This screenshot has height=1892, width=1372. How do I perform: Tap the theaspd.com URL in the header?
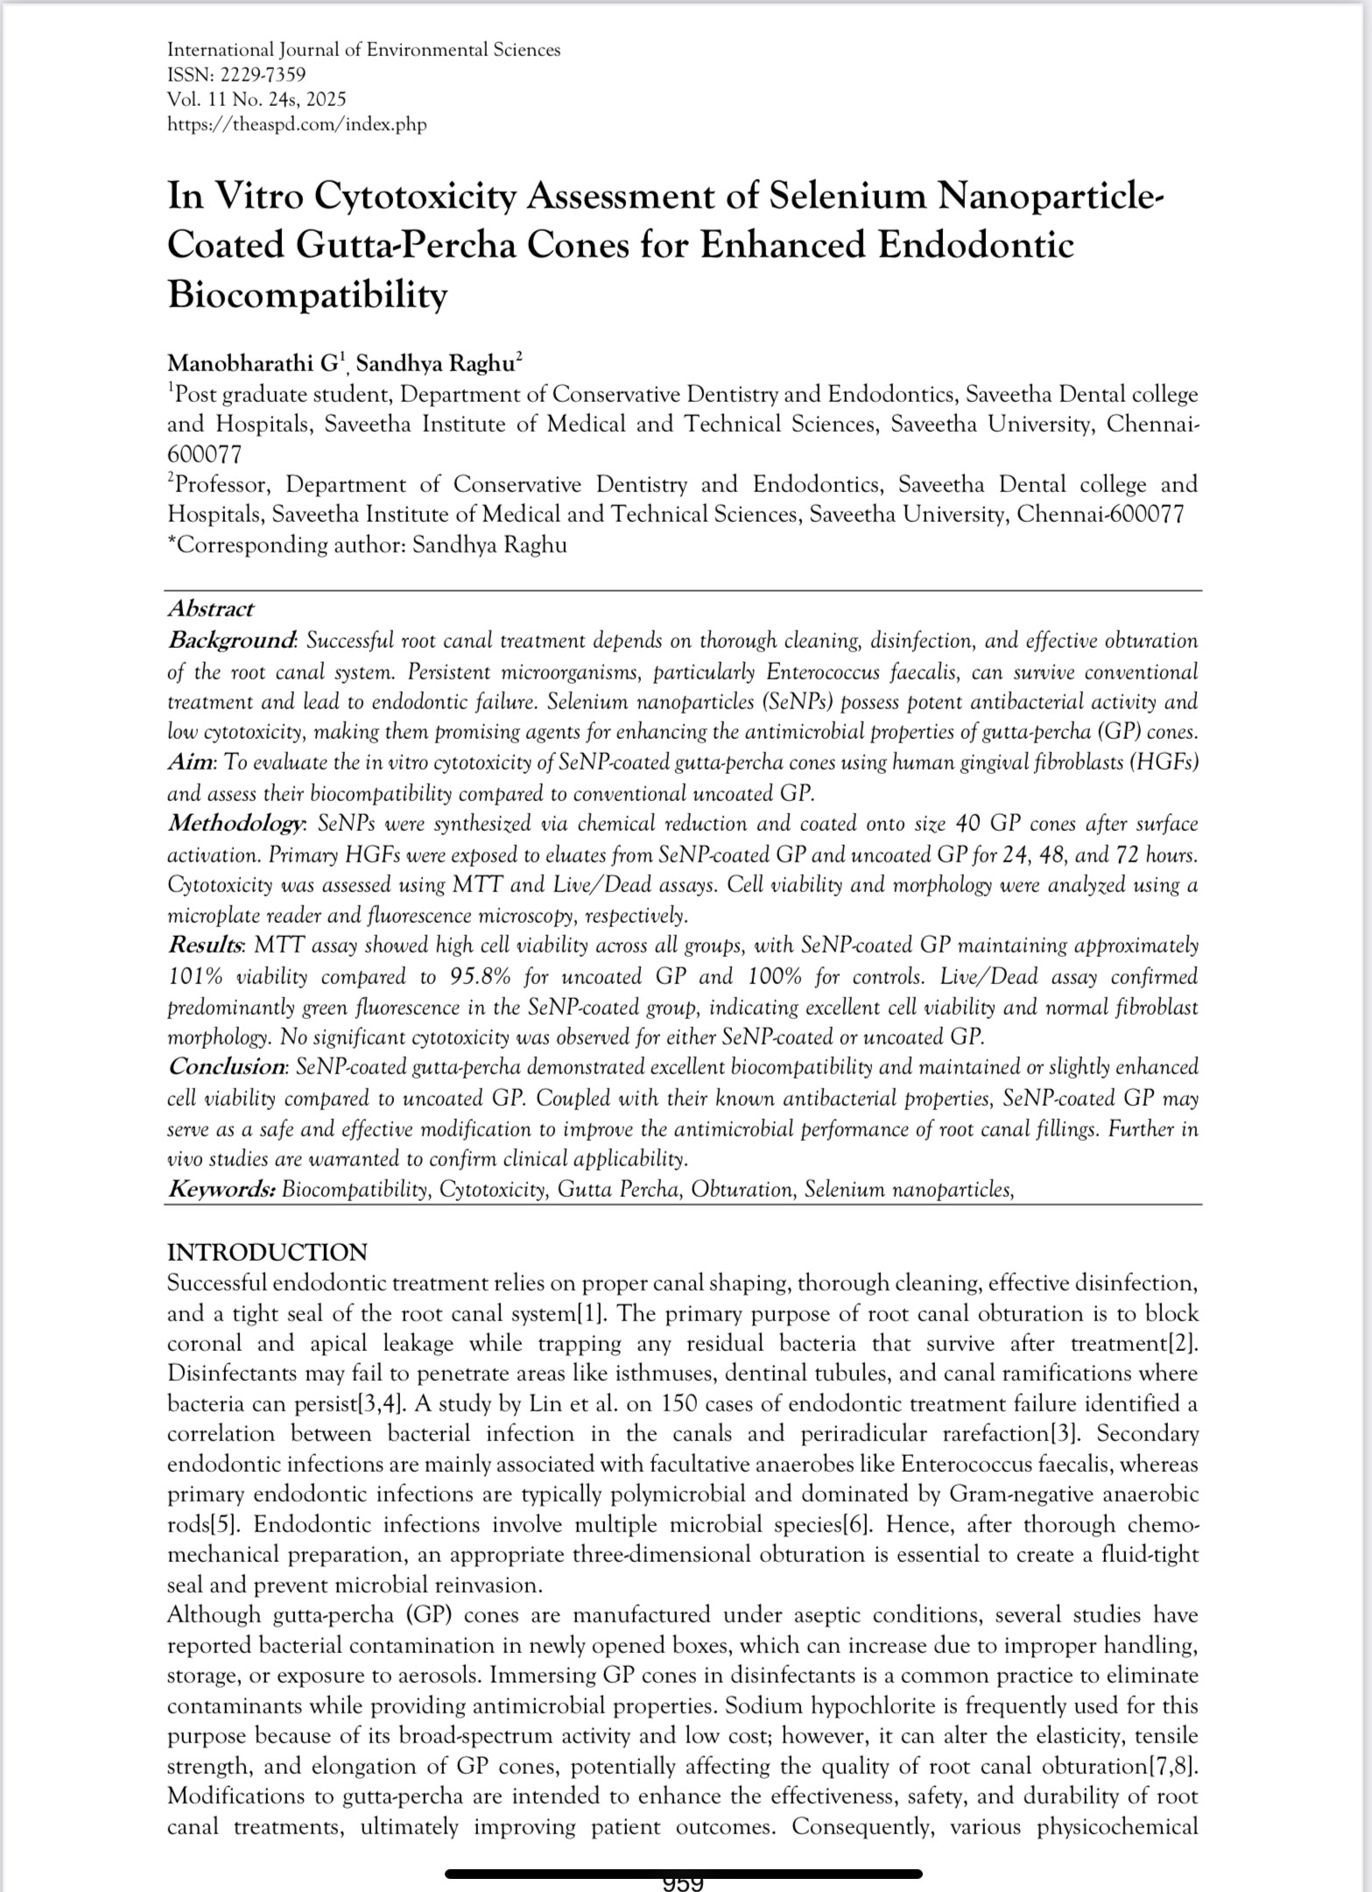tap(296, 124)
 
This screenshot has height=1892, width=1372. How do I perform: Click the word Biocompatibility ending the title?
tap(306, 295)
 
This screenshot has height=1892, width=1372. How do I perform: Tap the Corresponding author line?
tap(367, 545)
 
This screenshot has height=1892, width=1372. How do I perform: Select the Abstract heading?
tap(210, 608)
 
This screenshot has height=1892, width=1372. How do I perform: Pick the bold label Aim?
tap(190, 763)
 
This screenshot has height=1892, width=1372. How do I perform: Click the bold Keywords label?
tap(222, 1190)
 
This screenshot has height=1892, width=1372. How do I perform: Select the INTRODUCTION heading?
tap(267, 1252)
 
